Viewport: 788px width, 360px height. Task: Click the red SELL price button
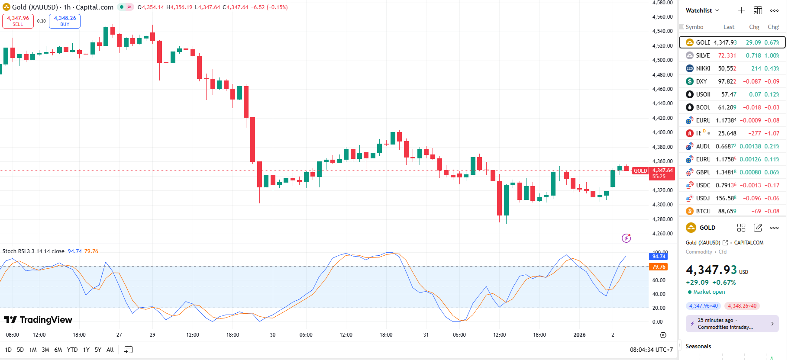coord(18,21)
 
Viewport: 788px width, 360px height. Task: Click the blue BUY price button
coord(65,21)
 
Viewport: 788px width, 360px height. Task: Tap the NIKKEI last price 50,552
coord(727,68)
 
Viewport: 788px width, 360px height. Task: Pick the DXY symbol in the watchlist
coord(701,81)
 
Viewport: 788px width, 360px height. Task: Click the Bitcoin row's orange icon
coord(690,211)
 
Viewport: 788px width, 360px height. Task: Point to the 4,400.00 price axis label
coord(662,132)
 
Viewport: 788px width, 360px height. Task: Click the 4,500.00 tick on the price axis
coord(662,60)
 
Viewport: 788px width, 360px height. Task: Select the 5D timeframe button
coord(20,350)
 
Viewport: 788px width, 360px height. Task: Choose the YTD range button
coord(72,350)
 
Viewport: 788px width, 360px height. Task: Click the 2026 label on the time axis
coord(579,335)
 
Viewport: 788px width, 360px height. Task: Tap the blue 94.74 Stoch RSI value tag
coord(658,257)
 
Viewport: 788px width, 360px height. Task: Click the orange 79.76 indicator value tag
coord(658,267)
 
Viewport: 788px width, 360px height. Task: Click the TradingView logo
coord(38,320)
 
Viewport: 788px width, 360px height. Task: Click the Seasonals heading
coord(698,346)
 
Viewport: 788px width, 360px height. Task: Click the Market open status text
coord(709,292)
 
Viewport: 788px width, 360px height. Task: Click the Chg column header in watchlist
coord(754,27)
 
